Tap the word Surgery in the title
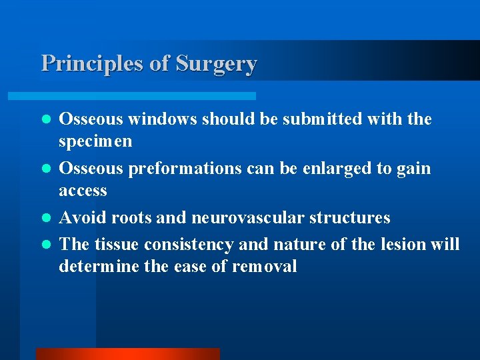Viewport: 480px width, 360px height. pyautogui.click(x=216, y=63)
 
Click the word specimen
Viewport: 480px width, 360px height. pyautogui.click(x=95, y=141)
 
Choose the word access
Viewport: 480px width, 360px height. pyautogui.click(x=83, y=191)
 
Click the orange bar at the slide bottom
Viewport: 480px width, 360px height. pyautogui.click(x=127, y=354)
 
